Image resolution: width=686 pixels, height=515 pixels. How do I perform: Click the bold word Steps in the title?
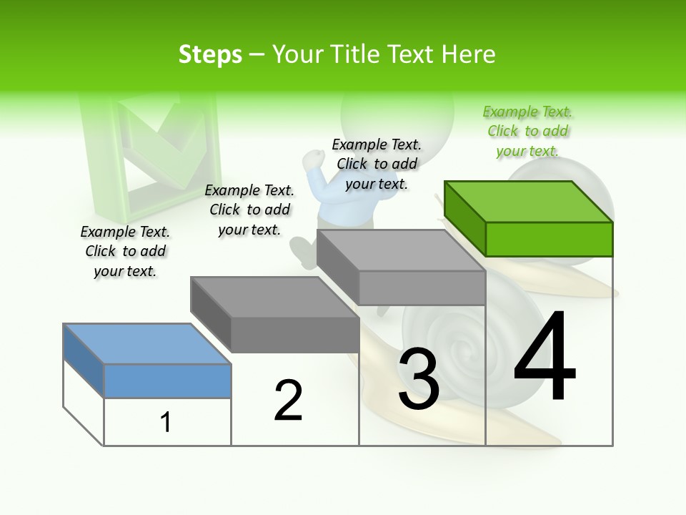210,54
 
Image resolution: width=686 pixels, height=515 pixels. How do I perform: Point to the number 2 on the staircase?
289,400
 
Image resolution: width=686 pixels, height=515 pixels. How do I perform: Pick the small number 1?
166,422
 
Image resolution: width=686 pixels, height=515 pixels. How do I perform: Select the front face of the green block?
549,239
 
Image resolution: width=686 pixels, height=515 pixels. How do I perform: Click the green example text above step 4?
527,131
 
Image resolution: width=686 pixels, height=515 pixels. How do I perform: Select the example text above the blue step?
125,251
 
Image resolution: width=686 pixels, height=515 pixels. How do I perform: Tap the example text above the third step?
377,164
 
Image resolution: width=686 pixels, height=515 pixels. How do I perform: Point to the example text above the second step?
249,210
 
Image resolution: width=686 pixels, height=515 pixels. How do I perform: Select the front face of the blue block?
167,381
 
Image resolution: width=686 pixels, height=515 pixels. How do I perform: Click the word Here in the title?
467,54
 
